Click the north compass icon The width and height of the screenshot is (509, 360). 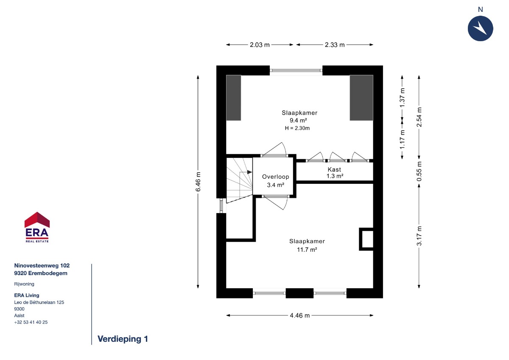click(x=480, y=28)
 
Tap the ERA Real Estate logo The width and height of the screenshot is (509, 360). click(x=37, y=227)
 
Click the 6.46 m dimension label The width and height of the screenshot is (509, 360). click(x=198, y=182)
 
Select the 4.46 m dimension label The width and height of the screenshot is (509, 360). click(x=299, y=315)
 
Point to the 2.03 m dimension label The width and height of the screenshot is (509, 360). click(x=260, y=45)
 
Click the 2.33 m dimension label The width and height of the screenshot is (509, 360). click(x=335, y=45)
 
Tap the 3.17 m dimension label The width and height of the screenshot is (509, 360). click(x=419, y=236)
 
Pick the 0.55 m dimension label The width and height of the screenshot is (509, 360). click(x=419, y=172)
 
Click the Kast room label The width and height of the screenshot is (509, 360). click(x=334, y=169)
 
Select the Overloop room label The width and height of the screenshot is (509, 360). click(x=275, y=177)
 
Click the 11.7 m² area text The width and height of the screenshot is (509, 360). click(x=307, y=250)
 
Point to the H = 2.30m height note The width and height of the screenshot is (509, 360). click(x=297, y=128)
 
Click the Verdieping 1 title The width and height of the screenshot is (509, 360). click(x=123, y=339)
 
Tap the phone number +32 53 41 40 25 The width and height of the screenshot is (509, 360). click(x=31, y=322)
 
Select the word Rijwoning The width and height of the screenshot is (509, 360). click(x=24, y=284)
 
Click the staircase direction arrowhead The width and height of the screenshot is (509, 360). click(x=249, y=172)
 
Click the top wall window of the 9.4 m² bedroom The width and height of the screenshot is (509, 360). click(x=296, y=70)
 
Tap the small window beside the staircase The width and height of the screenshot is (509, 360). click(x=221, y=205)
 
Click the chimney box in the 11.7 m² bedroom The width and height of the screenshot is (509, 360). click(x=366, y=239)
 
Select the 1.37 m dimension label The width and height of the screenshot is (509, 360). click(x=402, y=98)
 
